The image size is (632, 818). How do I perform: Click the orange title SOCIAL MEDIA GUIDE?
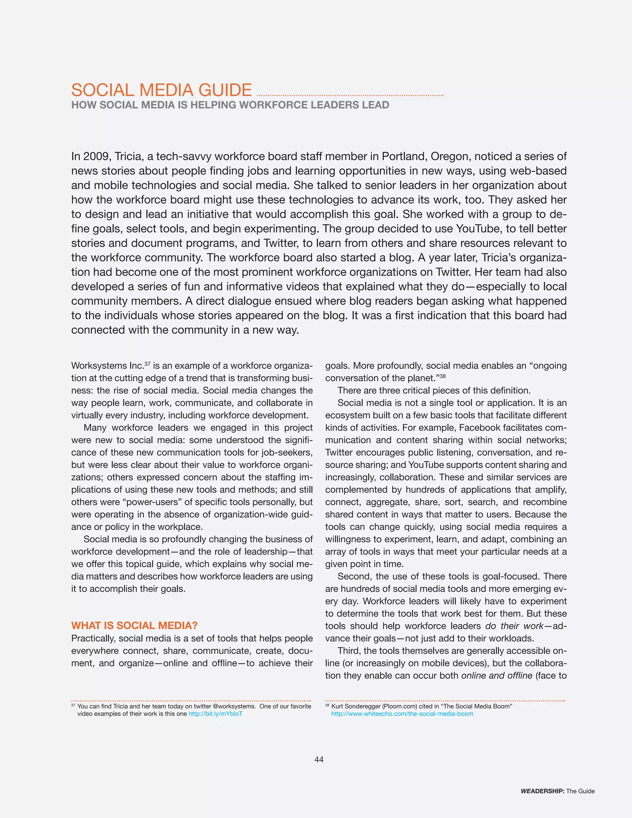pos(161,90)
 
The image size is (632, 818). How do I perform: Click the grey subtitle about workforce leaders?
pos(230,105)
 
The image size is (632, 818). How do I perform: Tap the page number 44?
pos(318,759)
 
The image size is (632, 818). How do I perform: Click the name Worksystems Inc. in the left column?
pos(107,366)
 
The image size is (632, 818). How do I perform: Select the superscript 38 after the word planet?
pos(443,376)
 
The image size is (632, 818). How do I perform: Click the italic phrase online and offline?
pos(497,675)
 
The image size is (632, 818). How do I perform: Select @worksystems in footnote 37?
pos(234,706)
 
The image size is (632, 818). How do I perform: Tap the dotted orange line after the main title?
pos(350,95)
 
